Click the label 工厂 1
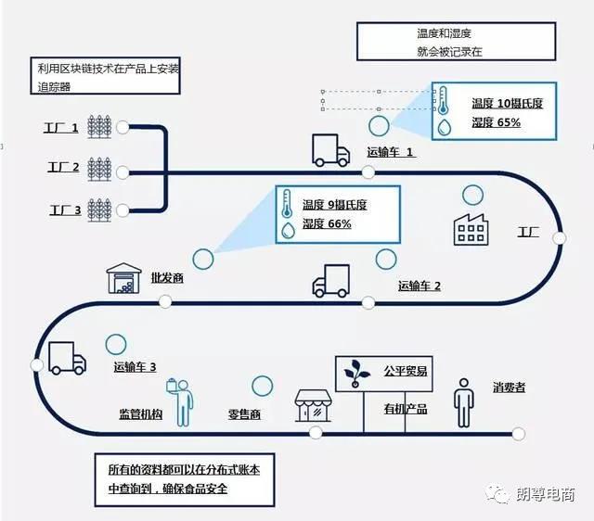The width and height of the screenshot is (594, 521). coord(61,128)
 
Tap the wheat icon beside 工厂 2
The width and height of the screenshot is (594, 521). coord(99,169)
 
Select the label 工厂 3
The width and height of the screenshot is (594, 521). coord(66,210)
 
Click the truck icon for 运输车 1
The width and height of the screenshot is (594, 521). coord(330,150)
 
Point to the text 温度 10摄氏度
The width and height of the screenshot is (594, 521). coord(508,103)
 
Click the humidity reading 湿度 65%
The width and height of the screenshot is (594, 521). coord(496,122)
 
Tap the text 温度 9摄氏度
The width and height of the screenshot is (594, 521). coord(334,205)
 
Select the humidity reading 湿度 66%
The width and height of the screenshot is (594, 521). coord(327,223)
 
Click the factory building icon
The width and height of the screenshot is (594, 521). coord(471,230)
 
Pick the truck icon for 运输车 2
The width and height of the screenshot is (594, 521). coord(330,281)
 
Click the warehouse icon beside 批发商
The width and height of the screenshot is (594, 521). coord(123,278)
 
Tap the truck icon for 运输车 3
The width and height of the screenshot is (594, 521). coord(67,359)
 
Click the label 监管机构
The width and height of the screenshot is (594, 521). coord(140,413)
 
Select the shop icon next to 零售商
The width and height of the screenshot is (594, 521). coord(313,406)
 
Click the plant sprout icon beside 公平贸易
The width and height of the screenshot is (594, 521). coord(356,373)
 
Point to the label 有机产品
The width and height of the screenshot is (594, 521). coord(406,409)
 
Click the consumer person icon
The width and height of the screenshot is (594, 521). coord(464,403)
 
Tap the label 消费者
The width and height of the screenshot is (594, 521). coord(509,388)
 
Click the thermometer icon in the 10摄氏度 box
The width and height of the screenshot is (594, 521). coord(443,100)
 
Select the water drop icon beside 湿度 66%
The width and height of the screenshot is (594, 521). coord(289,230)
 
